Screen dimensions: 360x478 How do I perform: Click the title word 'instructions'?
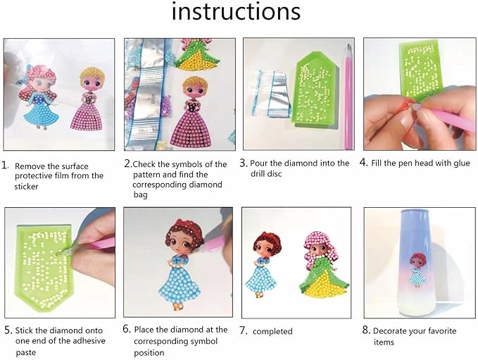(x=236, y=13)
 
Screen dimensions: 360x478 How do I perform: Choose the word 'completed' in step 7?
(x=272, y=331)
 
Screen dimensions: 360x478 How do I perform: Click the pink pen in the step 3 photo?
(x=348, y=92)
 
